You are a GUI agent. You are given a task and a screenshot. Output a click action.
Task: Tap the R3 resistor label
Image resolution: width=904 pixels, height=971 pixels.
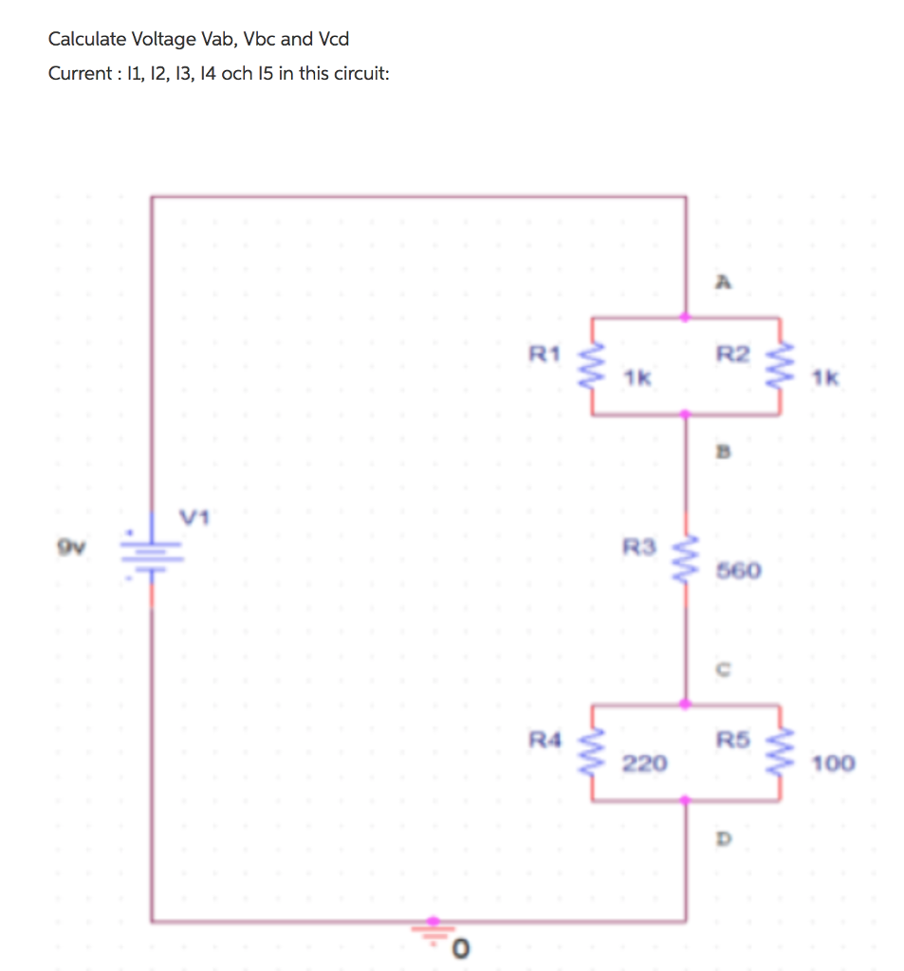pos(637,546)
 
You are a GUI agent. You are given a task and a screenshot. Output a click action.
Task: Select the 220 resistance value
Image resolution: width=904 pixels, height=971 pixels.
pos(644,762)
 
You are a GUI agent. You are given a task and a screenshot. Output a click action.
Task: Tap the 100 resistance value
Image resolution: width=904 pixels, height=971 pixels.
pos(834,762)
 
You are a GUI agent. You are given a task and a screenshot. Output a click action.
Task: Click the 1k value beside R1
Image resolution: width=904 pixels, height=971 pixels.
pos(637,379)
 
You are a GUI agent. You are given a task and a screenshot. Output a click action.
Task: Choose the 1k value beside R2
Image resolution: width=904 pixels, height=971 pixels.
pos(826,379)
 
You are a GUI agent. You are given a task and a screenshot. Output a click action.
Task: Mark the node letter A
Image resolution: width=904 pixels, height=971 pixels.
pos(723,282)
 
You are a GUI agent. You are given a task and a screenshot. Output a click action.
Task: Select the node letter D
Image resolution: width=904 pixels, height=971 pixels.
pos(723,839)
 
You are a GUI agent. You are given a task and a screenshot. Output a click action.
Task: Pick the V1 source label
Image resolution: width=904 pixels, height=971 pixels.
pos(194,518)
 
